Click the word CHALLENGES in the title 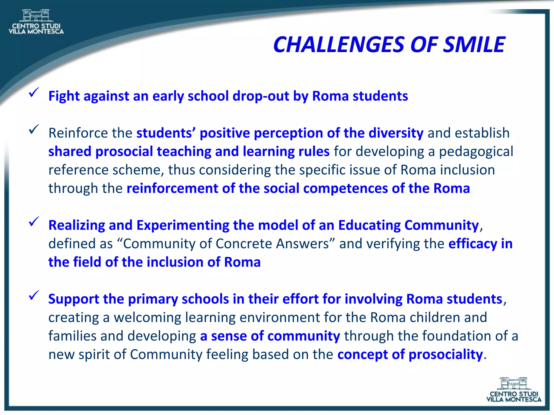(339, 45)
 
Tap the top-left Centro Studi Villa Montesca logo (36, 22)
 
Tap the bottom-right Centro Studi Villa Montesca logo (514, 390)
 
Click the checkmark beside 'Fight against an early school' (34, 93)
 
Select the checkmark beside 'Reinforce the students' (34, 129)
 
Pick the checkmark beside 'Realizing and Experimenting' (34, 222)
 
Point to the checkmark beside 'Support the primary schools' (34, 296)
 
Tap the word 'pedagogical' (476, 152)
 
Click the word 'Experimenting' (183, 225)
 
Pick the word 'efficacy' (473, 244)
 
